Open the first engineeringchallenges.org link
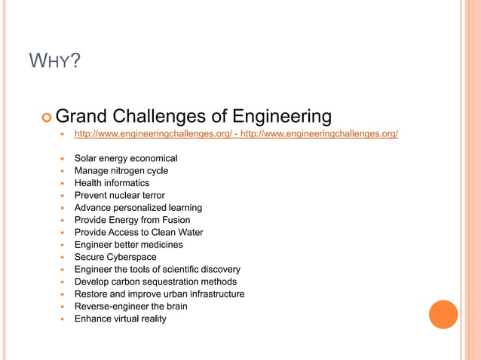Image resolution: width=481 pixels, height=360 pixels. pos(152,134)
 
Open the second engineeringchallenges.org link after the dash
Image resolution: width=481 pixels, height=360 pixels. pos(319,134)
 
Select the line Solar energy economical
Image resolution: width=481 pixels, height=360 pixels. pos(125,158)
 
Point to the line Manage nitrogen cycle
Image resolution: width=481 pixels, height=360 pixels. pos(121,171)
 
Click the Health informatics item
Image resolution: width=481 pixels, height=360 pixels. pos(112,183)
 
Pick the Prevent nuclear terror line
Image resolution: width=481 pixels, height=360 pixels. pos(119,196)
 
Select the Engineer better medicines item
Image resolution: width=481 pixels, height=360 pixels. pos(128,245)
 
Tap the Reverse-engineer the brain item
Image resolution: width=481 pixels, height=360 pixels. pos(130,307)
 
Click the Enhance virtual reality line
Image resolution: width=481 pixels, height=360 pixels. pos(120,319)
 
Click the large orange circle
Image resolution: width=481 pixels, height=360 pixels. pos(443,315)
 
